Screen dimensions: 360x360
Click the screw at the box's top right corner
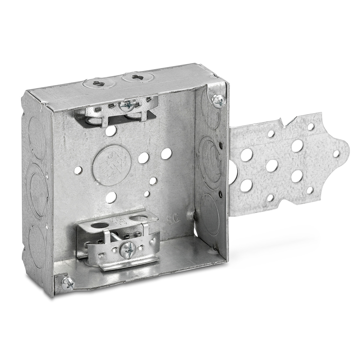pos(219,101)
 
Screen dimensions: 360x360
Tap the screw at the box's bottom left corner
pos(68,284)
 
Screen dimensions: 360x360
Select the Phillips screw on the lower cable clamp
pos(128,249)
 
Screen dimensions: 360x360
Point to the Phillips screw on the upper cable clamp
pos(129,105)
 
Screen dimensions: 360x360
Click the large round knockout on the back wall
pos(112,165)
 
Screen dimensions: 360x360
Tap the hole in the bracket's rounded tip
pos(336,154)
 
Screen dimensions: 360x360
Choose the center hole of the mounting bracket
pos(272,166)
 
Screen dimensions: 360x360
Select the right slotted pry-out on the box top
pos(138,77)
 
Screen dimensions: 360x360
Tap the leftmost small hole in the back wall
pos(78,171)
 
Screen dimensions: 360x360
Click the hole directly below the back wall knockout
pos(111,197)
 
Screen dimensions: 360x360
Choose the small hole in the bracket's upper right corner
pos(310,127)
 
